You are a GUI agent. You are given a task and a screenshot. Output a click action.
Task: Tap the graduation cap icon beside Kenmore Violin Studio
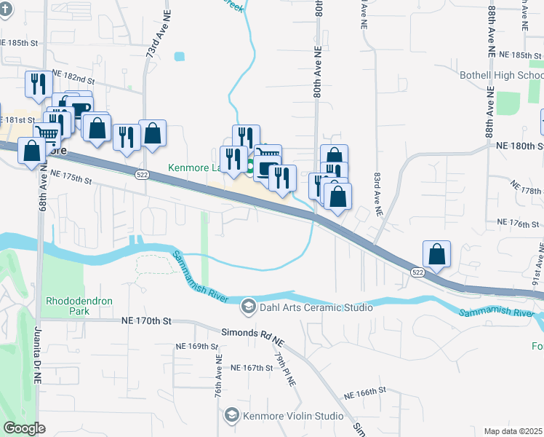[x=231, y=417]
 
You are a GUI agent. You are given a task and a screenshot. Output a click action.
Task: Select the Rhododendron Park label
[x=68, y=305]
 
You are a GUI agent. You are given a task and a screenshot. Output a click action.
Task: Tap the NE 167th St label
[x=251, y=369]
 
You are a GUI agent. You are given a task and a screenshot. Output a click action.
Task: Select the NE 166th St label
[x=364, y=392]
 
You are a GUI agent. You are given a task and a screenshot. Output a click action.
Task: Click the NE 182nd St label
[x=74, y=78]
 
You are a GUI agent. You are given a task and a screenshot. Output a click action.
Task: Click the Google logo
[x=23, y=428]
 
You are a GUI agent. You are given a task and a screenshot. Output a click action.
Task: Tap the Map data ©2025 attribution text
[x=513, y=431]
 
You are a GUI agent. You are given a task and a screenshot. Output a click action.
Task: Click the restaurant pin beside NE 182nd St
[x=36, y=84]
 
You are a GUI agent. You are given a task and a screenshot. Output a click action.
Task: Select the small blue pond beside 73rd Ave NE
[x=180, y=55]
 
